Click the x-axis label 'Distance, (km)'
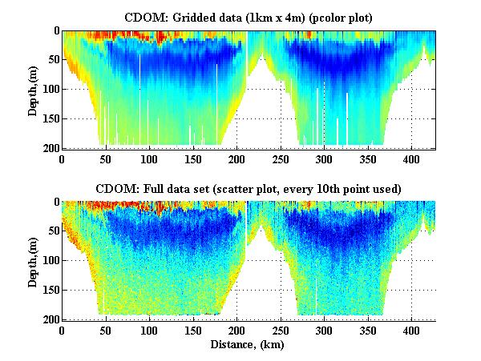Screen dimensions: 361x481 click(x=249, y=344)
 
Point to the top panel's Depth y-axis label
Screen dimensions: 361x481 click(x=33, y=90)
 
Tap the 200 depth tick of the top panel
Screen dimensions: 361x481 click(x=50, y=149)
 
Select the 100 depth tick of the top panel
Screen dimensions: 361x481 click(x=50, y=90)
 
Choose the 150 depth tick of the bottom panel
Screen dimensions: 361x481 click(x=50, y=290)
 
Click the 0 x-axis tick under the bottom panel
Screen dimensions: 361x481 click(x=63, y=330)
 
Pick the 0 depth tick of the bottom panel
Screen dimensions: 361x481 click(x=55, y=203)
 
